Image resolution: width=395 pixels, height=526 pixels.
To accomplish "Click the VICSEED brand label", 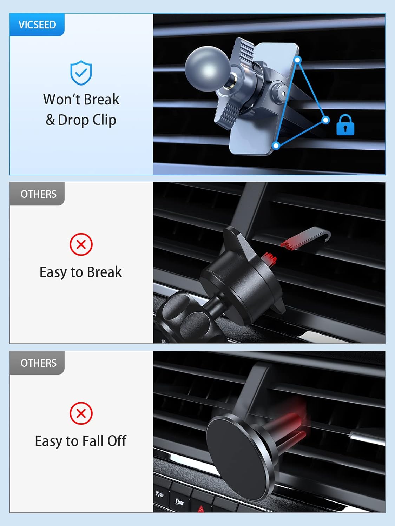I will [37, 25].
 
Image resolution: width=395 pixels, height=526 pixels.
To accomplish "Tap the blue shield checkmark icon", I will [81, 73].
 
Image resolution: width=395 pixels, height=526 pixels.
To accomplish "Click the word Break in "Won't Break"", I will [101, 100].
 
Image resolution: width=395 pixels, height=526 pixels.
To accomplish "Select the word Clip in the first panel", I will [104, 120].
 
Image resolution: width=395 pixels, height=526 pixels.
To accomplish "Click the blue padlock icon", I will [345, 125].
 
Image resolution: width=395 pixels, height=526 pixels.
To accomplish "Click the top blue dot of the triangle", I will [297, 60].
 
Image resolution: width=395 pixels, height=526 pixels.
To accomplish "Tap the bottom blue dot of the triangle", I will [276, 146].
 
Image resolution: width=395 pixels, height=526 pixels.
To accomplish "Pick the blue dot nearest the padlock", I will [326, 120].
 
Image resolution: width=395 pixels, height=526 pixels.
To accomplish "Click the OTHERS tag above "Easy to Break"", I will [38, 194].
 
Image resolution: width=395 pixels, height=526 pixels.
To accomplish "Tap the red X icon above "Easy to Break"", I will [81, 244].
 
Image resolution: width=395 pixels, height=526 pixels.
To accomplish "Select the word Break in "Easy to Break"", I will [104, 272].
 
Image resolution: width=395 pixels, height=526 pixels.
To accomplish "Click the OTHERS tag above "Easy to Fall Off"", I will [38, 363].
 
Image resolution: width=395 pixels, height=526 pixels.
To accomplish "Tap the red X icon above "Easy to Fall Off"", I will [81, 413].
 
